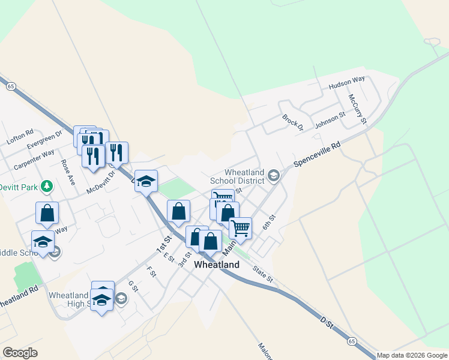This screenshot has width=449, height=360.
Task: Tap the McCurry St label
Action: (x=357, y=108)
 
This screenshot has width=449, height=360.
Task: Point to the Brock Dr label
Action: (x=293, y=124)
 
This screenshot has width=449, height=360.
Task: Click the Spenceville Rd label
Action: (x=317, y=154)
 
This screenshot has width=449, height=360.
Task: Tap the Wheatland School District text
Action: (x=237, y=176)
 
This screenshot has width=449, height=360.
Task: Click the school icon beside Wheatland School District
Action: (x=274, y=175)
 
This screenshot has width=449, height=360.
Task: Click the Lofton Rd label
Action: (x=20, y=139)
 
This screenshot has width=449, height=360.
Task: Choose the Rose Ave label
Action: (x=67, y=172)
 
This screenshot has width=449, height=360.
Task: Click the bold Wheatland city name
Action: (x=217, y=264)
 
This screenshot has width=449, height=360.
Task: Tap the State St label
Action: (x=262, y=274)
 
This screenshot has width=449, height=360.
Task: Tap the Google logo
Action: (x=20, y=353)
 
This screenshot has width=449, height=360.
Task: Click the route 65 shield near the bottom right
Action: (x=351, y=341)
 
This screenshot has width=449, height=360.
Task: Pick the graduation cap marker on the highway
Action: (x=145, y=182)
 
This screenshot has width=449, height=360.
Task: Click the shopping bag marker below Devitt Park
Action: (x=47, y=213)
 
